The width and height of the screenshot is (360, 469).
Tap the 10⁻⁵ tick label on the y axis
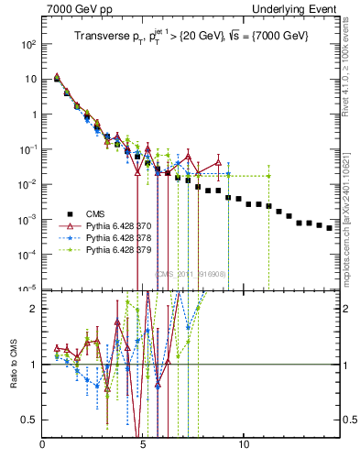pos(28,288)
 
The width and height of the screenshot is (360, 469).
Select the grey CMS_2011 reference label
pos(191,274)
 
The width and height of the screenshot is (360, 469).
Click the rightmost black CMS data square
pos(330,227)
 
